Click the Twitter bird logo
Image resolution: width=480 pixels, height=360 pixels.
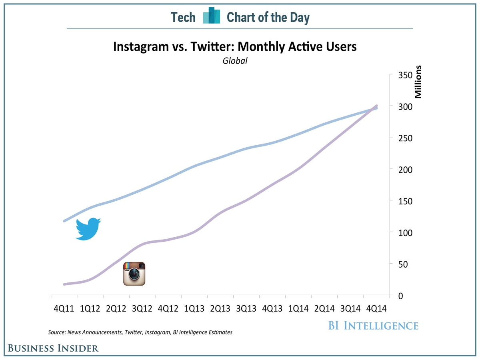88,229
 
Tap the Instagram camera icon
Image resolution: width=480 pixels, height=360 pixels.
134,274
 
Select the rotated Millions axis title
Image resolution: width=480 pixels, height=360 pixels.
418,82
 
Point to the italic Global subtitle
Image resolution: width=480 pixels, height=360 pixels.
235,61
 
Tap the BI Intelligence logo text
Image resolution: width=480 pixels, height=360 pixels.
373,325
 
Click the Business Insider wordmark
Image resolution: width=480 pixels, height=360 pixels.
53,348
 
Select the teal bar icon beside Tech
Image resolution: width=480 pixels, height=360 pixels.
212,16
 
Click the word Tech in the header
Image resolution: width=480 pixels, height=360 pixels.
183,17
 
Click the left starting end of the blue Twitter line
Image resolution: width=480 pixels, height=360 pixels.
64,221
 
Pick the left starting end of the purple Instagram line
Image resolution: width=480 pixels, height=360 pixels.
64,284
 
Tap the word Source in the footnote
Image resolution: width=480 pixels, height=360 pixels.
56,332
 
